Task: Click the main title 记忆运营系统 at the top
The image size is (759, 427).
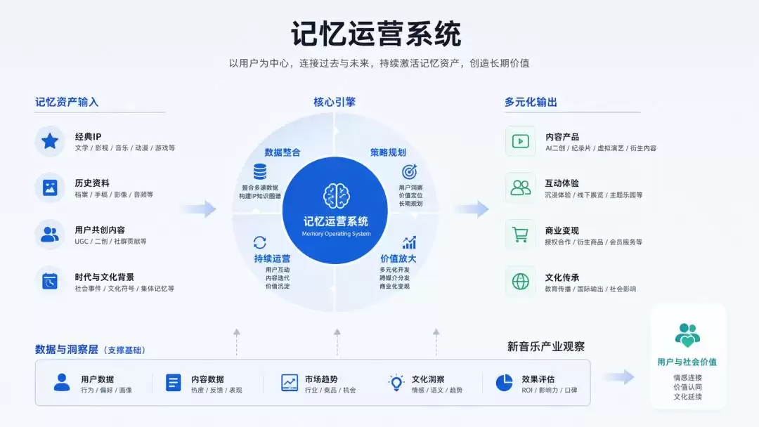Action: (375, 34)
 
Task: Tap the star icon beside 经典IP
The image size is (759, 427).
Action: (50, 141)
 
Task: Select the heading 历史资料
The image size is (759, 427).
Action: (92, 183)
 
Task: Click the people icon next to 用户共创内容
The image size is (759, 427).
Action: (50, 235)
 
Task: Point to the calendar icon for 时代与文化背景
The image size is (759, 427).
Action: (50, 281)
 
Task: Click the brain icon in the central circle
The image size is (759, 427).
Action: (337, 196)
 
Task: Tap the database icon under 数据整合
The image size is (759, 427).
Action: (260, 171)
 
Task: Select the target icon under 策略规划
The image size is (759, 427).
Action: (410, 171)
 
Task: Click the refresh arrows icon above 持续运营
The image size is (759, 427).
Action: (260, 242)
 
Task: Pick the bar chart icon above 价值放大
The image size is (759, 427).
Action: (410, 242)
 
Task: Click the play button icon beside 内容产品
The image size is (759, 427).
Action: (520, 141)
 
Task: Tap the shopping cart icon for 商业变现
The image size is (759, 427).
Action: (520, 235)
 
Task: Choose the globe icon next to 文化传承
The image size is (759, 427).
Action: (520, 282)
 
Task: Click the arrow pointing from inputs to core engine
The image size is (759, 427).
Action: (200, 209)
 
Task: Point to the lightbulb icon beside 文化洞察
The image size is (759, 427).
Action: (396, 383)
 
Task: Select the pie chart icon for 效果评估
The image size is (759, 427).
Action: (505, 383)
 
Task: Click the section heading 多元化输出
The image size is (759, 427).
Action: (531, 102)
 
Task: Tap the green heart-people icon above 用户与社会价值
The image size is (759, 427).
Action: (687, 335)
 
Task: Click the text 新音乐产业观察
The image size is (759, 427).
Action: (546, 346)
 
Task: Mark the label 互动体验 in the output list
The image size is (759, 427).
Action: (562, 183)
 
